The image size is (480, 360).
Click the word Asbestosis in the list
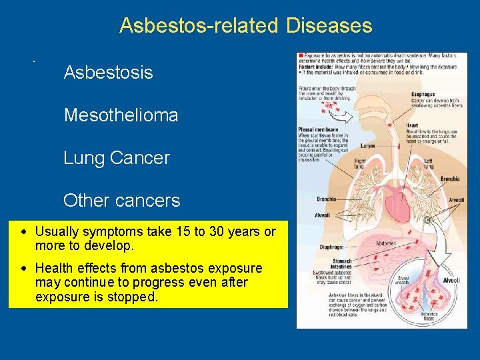[x=108, y=73]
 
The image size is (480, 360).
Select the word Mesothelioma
[x=121, y=115]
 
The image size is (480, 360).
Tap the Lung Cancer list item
[x=117, y=158]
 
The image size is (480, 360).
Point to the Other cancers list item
[x=121, y=201]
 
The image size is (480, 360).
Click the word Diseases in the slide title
[x=329, y=26]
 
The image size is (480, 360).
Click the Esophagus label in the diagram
[x=424, y=95]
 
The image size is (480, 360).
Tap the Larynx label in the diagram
[x=368, y=145]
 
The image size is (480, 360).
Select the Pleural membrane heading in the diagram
[x=319, y=129]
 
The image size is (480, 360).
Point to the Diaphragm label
[x=331, y=246]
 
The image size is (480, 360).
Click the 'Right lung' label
[x=360, y=163]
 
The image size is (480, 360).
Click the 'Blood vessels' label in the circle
[x=404, y=280]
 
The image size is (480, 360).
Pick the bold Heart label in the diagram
[x=413, y=125]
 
